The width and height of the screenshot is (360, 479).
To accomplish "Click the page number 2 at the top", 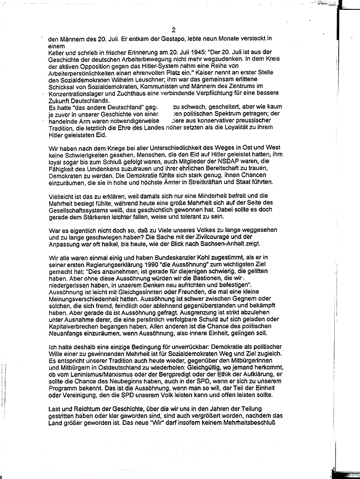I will pos(173,30).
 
